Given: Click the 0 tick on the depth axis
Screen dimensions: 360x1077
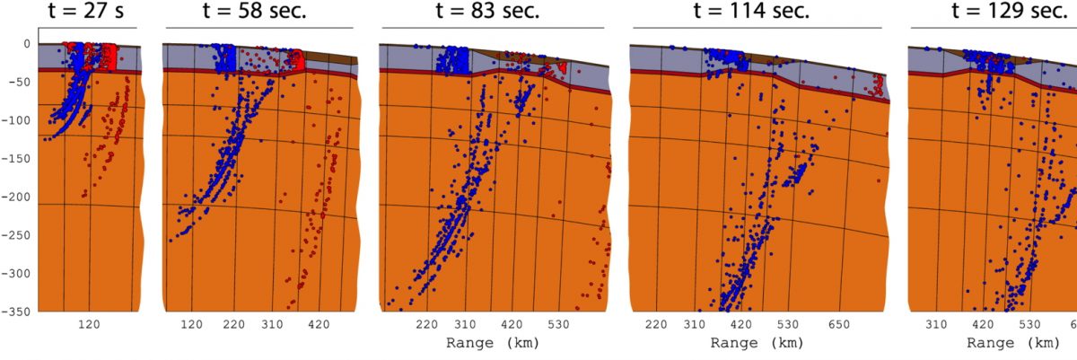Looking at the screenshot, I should pos(27,43).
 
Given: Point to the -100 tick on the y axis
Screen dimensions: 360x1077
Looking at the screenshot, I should pos(19,120).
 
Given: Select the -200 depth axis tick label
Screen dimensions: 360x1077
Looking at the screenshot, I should pos(19,197).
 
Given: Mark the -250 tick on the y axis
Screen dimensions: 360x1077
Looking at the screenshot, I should pos(19,234).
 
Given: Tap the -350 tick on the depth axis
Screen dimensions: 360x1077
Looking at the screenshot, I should pos(19,311).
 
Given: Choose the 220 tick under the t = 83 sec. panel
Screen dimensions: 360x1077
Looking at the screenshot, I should pos(426,324).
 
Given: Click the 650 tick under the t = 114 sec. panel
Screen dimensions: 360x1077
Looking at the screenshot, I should pos(839,324).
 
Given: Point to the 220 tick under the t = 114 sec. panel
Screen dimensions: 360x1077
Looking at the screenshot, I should pos(656,324).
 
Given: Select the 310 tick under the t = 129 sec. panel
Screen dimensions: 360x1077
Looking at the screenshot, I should pos(936,324).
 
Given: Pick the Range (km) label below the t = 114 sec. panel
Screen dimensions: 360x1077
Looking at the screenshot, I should pos(752,343).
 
